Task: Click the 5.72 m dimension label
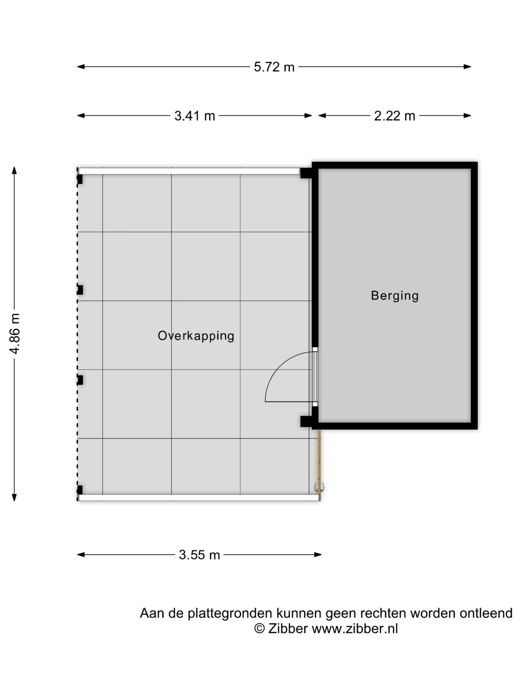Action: coord(274,67)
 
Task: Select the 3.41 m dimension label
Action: coord(195,116)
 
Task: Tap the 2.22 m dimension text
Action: coord(395,116)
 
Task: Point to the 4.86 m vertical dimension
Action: coord(14,333)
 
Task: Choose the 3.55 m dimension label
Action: coord(199,555)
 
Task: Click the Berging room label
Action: coord(395,296)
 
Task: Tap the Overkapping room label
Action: coord(196,336)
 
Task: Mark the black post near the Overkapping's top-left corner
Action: coord(80,179)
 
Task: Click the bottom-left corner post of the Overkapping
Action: coord(80,490)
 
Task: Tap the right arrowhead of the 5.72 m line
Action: coord(468,67)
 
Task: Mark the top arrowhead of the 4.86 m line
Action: coord(14,170)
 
